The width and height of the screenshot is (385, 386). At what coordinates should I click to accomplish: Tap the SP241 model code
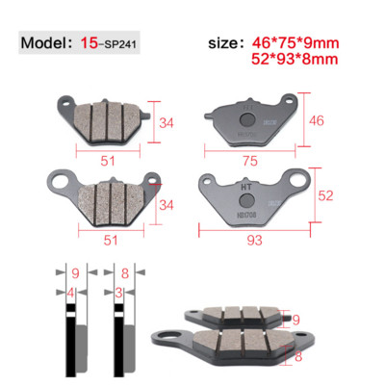coord(124,46)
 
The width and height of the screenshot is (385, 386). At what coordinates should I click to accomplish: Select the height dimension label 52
coord(326,195)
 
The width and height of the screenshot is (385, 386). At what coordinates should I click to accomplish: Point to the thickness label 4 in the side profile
coord(70,290)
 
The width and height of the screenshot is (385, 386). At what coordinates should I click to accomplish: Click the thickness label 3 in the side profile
coord(117,290)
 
